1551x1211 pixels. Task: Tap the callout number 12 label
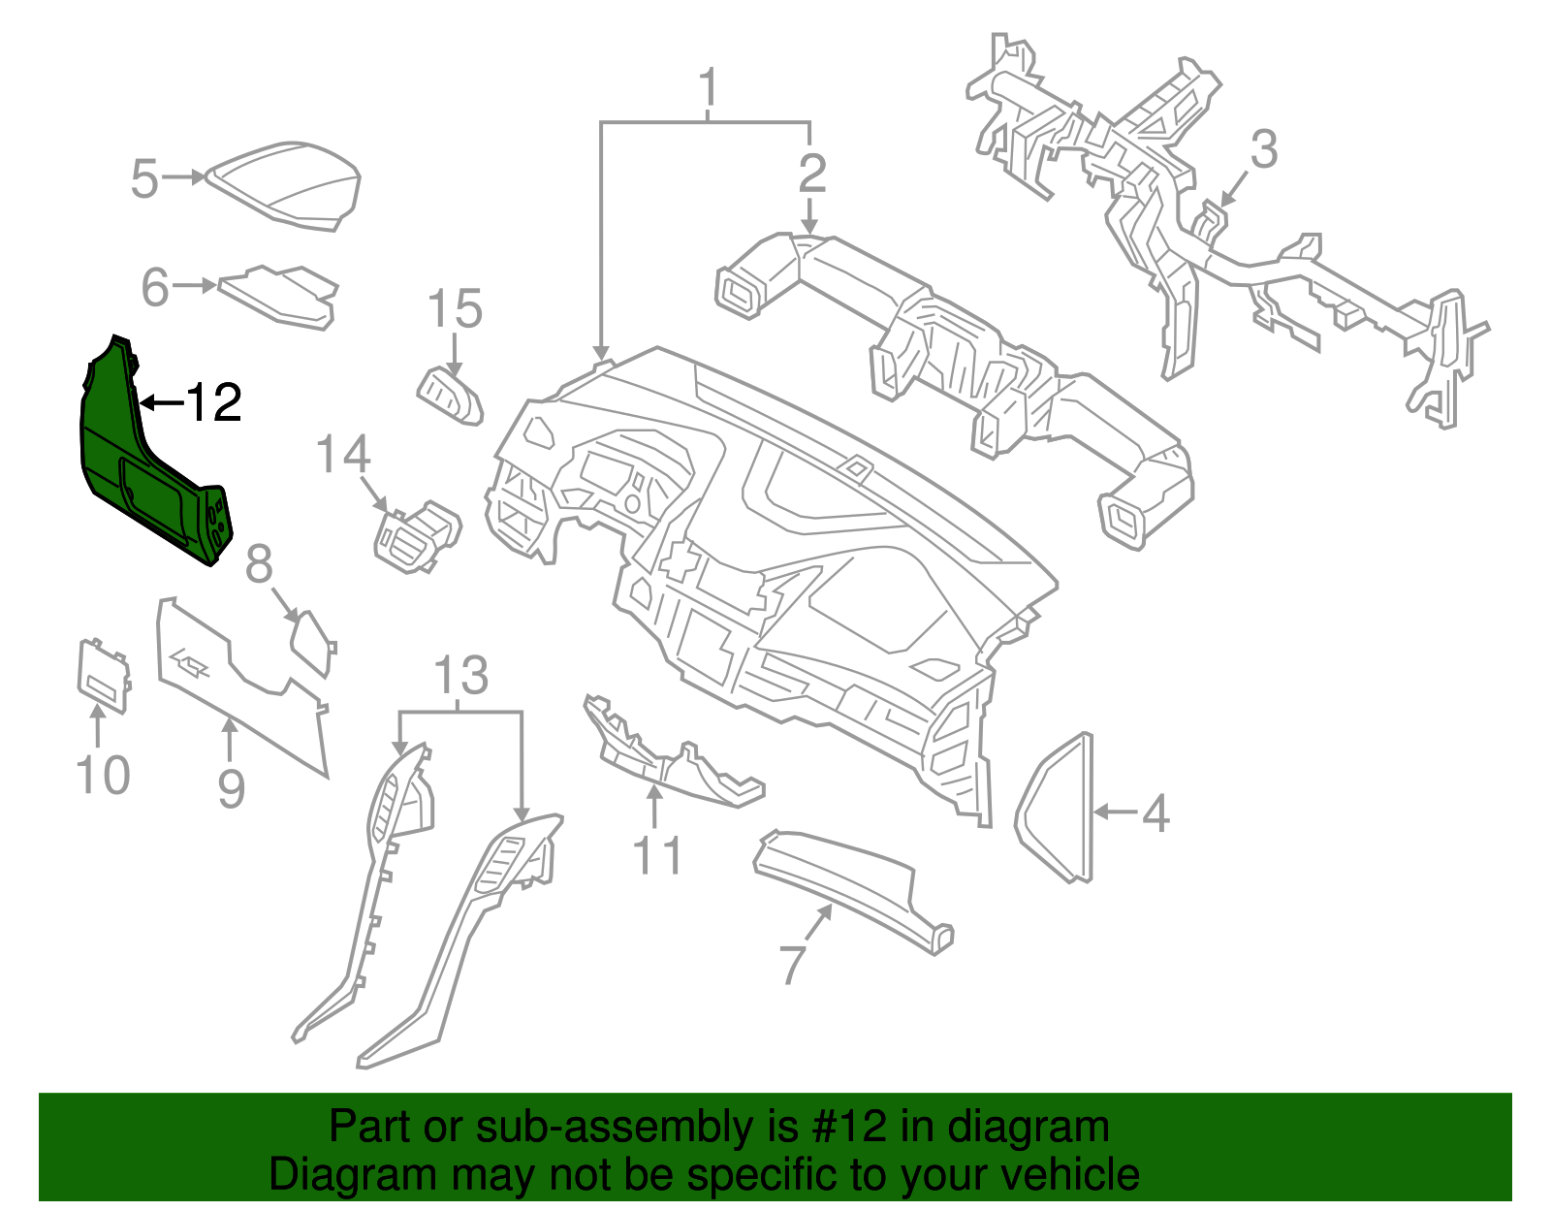point(212,402)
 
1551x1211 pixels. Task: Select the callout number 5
point(144,180)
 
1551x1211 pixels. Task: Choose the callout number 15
point(455,309)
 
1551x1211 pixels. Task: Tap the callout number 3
point(1263,151)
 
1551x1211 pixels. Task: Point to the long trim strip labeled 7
point(853,887)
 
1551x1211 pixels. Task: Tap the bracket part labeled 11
point(669,756)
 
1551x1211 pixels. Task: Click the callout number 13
point(461,676)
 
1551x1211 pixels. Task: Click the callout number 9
point(231,788)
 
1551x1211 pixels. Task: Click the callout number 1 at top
point(710,88)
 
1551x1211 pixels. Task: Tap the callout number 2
point(812,174)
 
